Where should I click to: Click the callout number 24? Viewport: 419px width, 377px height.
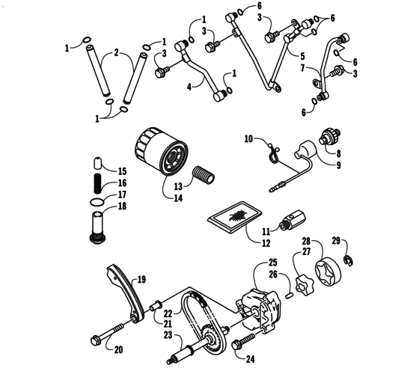(250, 359)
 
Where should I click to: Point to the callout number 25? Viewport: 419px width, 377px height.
(274, 263)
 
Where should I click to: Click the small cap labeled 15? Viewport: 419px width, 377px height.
(97, 163)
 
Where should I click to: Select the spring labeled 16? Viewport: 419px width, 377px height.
(97, 183)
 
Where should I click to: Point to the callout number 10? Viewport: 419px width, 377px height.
(250, 138)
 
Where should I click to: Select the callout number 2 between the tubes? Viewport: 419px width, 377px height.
(116, 54)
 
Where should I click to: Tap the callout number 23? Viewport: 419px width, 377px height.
(168, 336)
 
